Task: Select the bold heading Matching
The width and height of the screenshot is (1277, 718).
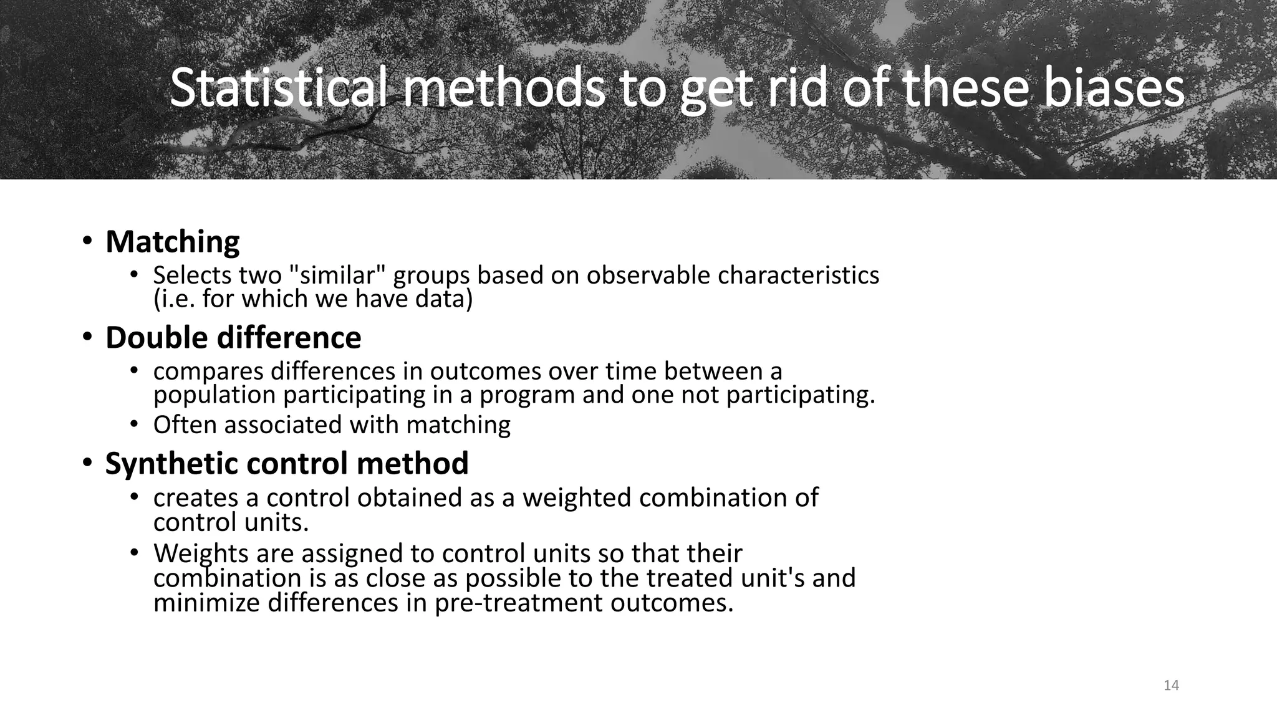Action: (x=172, y=242)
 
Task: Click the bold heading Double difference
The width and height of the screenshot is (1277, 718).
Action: (x=233, y=338)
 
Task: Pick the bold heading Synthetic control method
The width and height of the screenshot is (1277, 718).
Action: (x=287, y=464)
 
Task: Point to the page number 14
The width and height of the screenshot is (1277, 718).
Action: (x=1171, y=686)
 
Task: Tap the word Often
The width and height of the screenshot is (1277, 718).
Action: (x=185, y=425)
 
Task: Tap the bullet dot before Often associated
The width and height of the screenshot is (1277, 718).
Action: (x=133, y=424)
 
